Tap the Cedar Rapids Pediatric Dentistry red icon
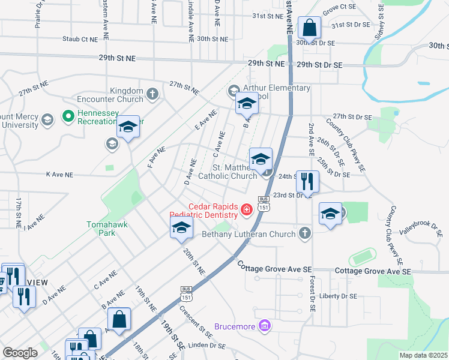[x=246, y=209]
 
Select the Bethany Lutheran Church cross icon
[x=306, y=233]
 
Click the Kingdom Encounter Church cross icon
[x=152, y=94]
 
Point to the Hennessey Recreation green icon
[x=68, y=115]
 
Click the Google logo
[x=20, y=353]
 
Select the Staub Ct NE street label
[x=80, y=39]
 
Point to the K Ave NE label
[x=59, y=175]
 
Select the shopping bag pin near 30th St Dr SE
[x=309, y=28]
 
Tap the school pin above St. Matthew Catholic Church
[x=261, y=160]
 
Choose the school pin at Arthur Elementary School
[x=246, y=104]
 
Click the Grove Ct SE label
[x=339, y=7]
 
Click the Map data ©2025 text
[x=424, y=355]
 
